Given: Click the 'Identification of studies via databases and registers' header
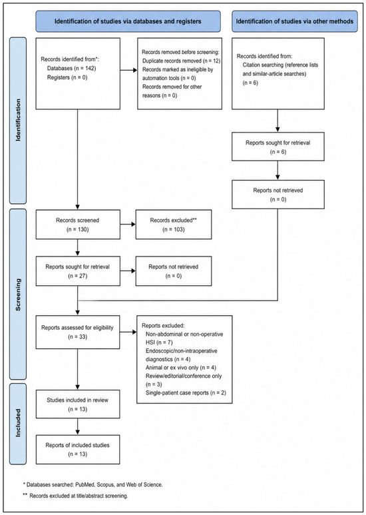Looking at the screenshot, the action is (128, 21).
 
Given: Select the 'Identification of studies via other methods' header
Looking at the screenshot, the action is (295, 21).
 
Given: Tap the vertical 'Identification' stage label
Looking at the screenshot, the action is (18, 120).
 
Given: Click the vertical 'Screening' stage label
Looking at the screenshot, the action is (18, 294).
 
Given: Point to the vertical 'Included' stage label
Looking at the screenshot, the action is (18, 422).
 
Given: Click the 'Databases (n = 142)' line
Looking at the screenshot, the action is (71, 69).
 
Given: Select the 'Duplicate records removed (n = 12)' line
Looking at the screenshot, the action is (182, 61).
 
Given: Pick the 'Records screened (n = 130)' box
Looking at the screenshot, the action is (78, 225).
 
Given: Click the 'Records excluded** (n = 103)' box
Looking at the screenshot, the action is (174, 225).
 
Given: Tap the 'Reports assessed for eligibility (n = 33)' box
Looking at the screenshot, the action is (78, 332).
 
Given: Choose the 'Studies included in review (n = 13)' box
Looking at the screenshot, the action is (78, 404).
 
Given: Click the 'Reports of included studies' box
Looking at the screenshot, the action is (78, 450).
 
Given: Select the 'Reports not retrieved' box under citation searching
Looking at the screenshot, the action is (278, 195).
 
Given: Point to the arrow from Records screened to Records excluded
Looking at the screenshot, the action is (128, 225).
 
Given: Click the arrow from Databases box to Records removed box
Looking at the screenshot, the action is (129, 70).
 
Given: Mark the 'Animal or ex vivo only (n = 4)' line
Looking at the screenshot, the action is (181, 368).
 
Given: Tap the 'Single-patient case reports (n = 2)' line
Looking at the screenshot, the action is (186, 393).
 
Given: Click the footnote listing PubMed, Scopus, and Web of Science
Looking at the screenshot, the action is (92, 484).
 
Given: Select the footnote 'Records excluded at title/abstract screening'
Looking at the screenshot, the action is (75, 496).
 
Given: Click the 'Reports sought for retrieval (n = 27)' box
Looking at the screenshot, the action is (78, 271).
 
